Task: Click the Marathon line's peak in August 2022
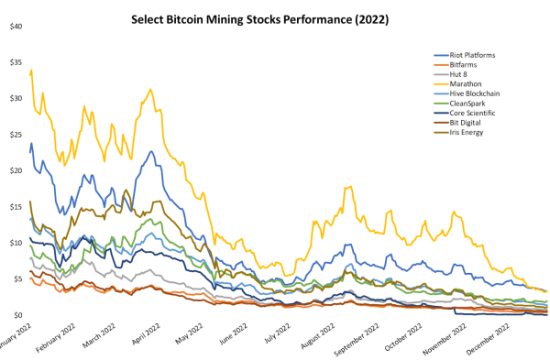point(346,187)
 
